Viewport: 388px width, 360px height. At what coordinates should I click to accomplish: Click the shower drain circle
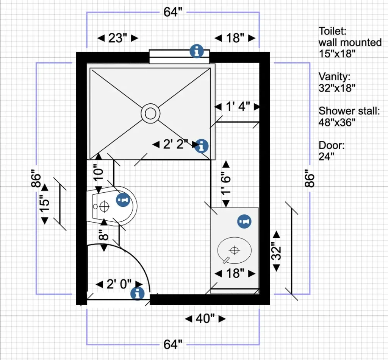[x=150, y=113]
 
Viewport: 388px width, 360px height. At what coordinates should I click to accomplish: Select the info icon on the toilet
[x=122, y=199]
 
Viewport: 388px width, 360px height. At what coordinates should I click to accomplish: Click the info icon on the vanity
[x=244, y=221]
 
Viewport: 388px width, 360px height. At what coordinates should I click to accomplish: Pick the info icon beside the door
[x=137, y=293]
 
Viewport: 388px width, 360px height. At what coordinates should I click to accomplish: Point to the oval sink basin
[x=235, y=250]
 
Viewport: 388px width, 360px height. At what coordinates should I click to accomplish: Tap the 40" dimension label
[x=205, y=319]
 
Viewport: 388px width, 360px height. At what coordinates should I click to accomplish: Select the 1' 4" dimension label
[x=238, y=107]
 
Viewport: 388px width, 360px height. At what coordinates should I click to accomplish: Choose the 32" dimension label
[x=277, y=251]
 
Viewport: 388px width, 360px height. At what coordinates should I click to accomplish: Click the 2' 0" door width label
[x=119, y=284]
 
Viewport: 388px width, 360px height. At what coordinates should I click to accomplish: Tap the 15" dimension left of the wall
[x=45, y=204]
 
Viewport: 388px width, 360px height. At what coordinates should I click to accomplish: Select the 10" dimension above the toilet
[x=98, y=173]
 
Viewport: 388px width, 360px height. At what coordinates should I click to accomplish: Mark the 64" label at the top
[x=173, y=12]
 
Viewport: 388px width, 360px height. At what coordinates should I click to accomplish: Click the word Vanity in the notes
[x=333, y=77]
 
